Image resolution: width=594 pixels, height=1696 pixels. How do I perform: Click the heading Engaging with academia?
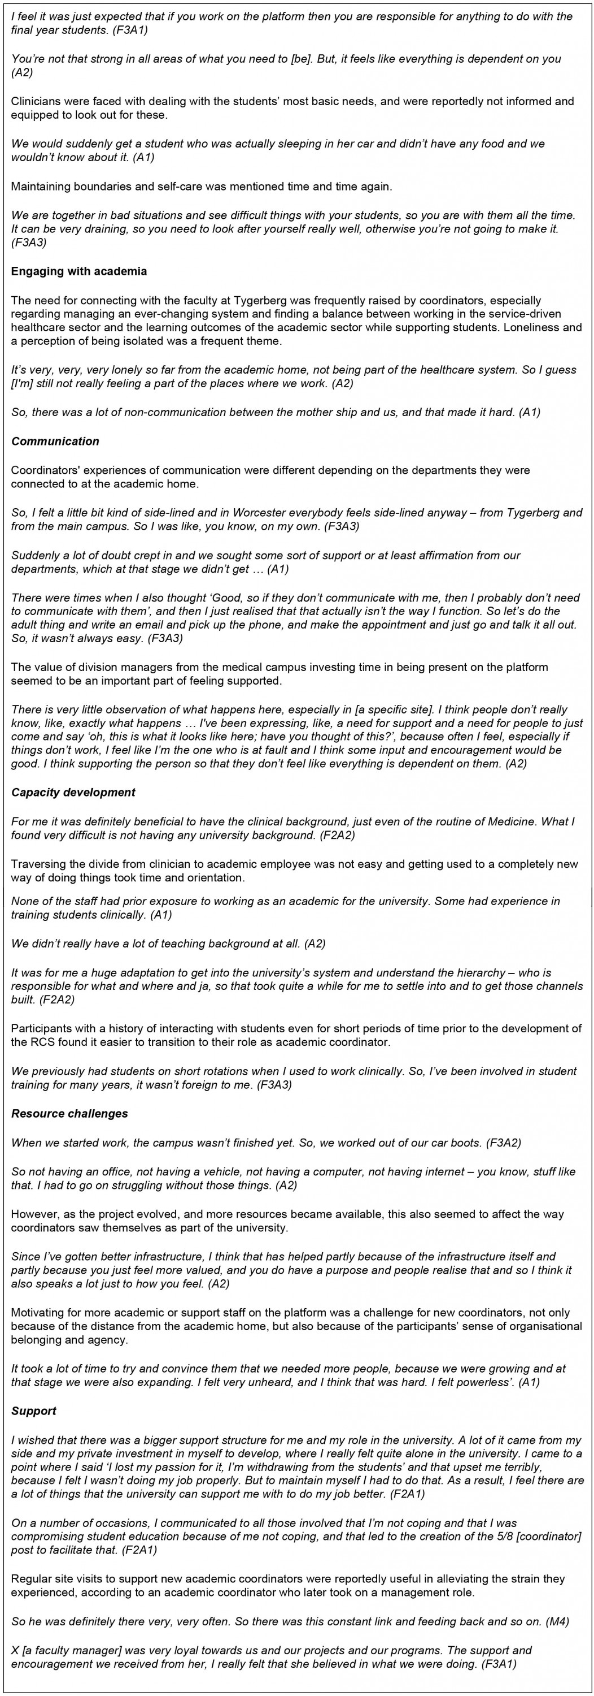[79, 271]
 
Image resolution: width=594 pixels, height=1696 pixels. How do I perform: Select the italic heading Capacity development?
[73, 792]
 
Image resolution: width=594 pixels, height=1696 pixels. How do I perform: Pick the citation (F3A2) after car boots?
[503, 1143]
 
